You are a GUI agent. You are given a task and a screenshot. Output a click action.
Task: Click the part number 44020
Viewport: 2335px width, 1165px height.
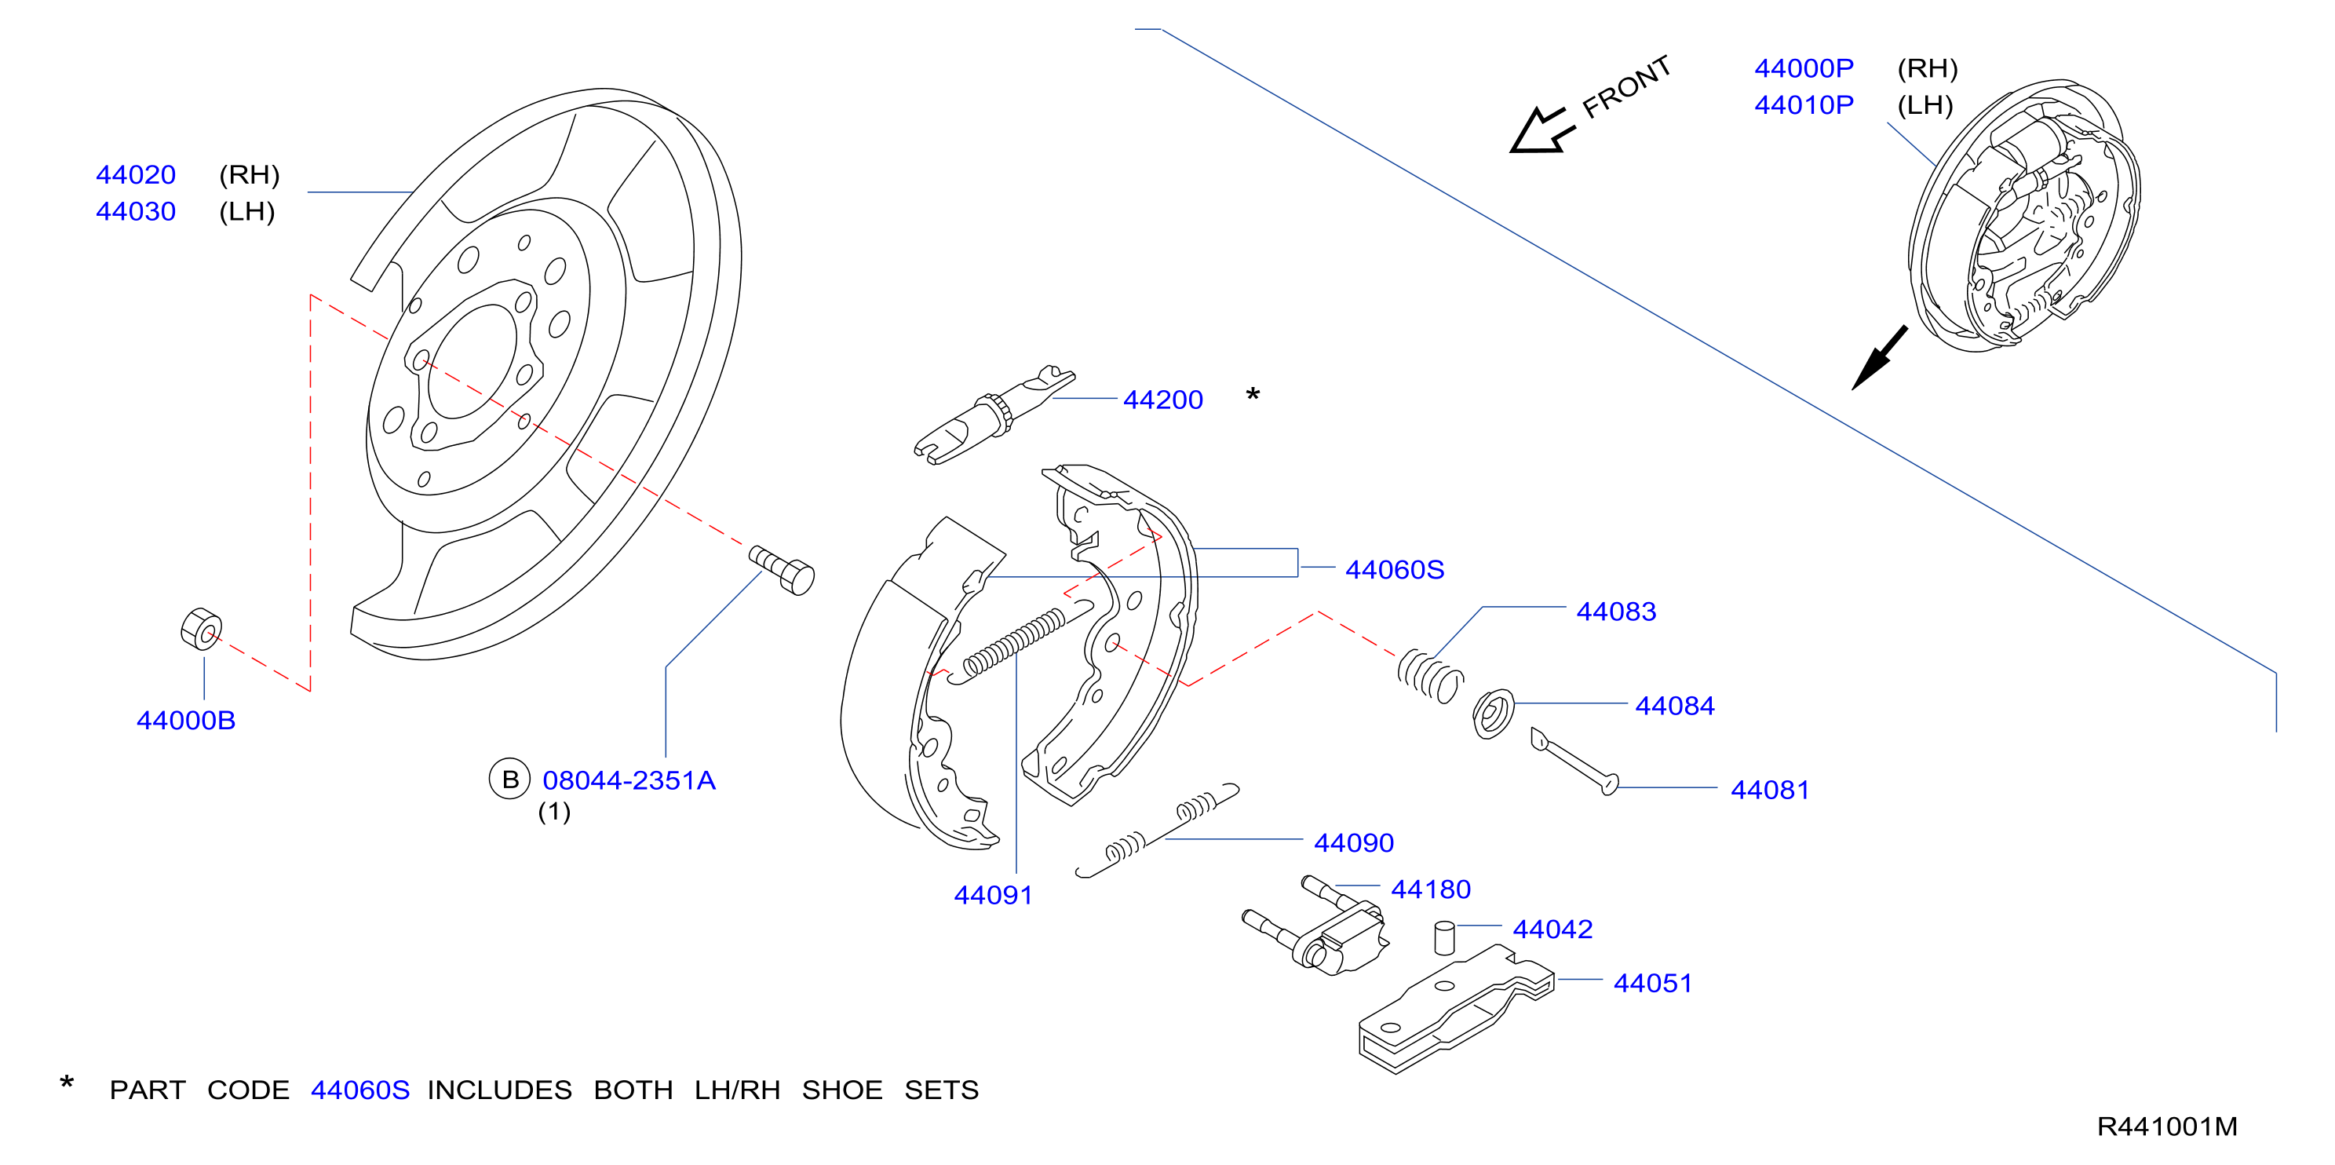tap(136, 174)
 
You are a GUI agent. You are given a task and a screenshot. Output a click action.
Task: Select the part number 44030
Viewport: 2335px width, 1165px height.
tap(136, 211)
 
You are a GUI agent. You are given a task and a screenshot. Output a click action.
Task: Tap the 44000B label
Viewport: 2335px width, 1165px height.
tap(186, 720)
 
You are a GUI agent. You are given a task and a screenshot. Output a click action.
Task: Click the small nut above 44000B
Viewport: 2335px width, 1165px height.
tap(201, 628)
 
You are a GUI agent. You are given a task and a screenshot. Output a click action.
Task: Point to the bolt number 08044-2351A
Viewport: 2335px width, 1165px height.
tap(629, 780)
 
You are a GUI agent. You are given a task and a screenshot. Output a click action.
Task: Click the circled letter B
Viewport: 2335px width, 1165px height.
tap(509, 779)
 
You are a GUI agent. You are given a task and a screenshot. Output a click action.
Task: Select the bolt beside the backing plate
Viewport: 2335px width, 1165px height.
tap(782, 569)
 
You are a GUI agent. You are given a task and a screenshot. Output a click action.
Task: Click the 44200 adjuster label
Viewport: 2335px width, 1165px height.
tap(1163, 400)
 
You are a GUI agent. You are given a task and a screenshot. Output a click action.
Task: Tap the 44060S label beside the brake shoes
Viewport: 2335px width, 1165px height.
tap(1394, 569)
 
